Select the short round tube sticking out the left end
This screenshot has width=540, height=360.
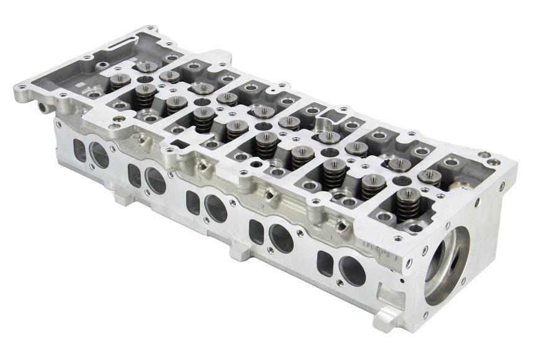coord(43,107)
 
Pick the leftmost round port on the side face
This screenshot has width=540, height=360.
coord(98,155)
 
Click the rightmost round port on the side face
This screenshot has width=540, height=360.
coord(352,271)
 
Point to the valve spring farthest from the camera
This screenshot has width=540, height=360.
coord(146,67)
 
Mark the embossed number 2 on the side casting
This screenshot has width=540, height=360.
coord(264,207)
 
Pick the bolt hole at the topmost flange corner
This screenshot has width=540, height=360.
coord(149,29)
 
